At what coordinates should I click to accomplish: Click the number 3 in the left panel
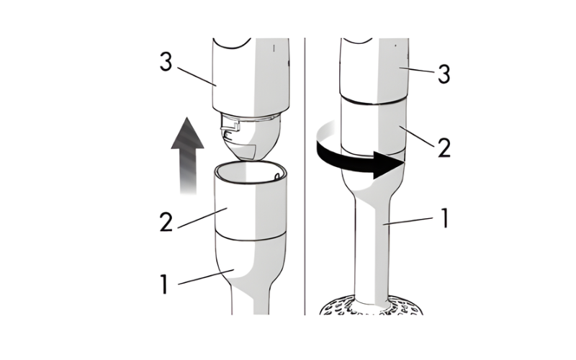point(166,61)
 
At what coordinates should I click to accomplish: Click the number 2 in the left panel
point(166,222)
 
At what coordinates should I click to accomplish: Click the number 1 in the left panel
point(164,284)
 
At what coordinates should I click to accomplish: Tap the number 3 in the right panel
point(444,74)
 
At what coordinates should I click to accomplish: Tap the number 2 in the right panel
point(444,148)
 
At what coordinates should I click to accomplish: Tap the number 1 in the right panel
point(445,218)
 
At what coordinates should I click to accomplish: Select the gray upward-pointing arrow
point(187,156)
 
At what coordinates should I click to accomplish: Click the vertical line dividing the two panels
point(305,176)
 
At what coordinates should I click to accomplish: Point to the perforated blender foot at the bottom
point(371,305)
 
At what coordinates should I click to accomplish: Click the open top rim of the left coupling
point(251,171)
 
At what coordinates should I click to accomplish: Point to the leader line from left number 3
point(197,76)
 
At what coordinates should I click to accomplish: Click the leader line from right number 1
point(408,221)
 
